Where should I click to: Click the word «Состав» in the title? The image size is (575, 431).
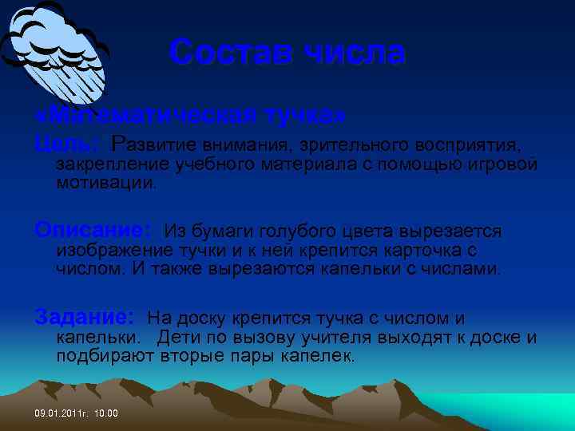click(230, 53)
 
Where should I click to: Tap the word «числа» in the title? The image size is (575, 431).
click(355, 53)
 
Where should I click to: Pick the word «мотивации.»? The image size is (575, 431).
click(107, 183)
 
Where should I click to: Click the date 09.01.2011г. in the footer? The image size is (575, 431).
click(63, 413)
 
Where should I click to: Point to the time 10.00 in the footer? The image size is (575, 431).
click(106, 413)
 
